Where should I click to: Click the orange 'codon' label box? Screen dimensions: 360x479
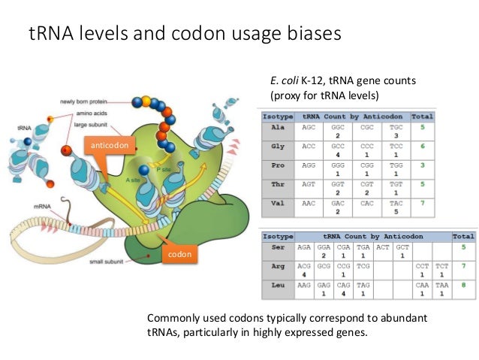pos(179,255)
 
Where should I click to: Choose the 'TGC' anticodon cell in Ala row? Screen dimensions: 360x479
pos(396,128)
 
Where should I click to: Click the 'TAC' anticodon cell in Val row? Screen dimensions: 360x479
pos(396,202)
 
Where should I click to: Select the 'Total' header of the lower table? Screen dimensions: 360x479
pos(463,235)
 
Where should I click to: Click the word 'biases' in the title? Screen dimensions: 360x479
pos(311,34)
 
